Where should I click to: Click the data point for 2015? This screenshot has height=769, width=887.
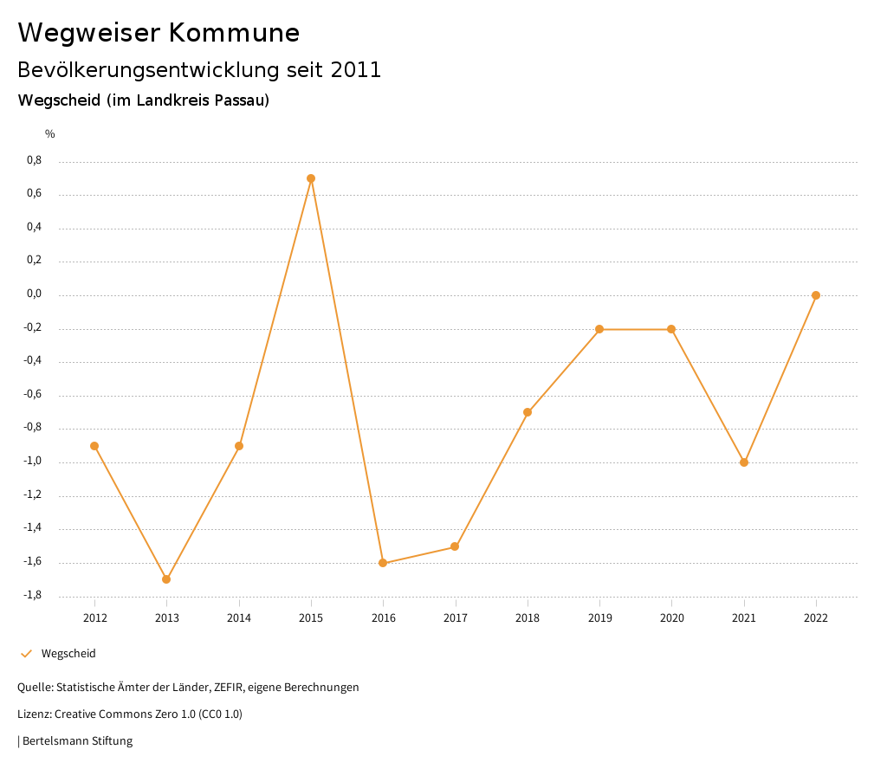tap(311, 178)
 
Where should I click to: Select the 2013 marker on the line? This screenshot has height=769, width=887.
tap(166, 579)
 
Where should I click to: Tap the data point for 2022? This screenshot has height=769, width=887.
tap(816, 295)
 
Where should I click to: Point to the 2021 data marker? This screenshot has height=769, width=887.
tap(744, 462)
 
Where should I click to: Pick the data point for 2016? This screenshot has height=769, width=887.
tap(383, 563)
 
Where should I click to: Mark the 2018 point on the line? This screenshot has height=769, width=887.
tap(528, 412)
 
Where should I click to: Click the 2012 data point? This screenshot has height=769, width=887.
tap(94, 446)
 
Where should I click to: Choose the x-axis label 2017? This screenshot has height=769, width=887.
tap(456, 617)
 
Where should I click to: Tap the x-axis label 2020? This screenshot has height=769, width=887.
tap(672, 617)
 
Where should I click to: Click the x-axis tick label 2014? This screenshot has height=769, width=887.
tap(239, 617)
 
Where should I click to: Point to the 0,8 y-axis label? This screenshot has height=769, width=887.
tap(35, 160)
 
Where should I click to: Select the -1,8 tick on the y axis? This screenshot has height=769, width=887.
tap(33, 595)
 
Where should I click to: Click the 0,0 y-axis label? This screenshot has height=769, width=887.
tap(35, 294)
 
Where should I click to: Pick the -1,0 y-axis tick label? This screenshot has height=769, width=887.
tap(33, 461)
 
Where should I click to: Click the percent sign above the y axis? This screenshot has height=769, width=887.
tap(50, 134)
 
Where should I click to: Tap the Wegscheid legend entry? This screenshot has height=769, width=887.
tap(68, 654)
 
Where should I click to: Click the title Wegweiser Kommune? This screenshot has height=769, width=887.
tap(159, 33)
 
